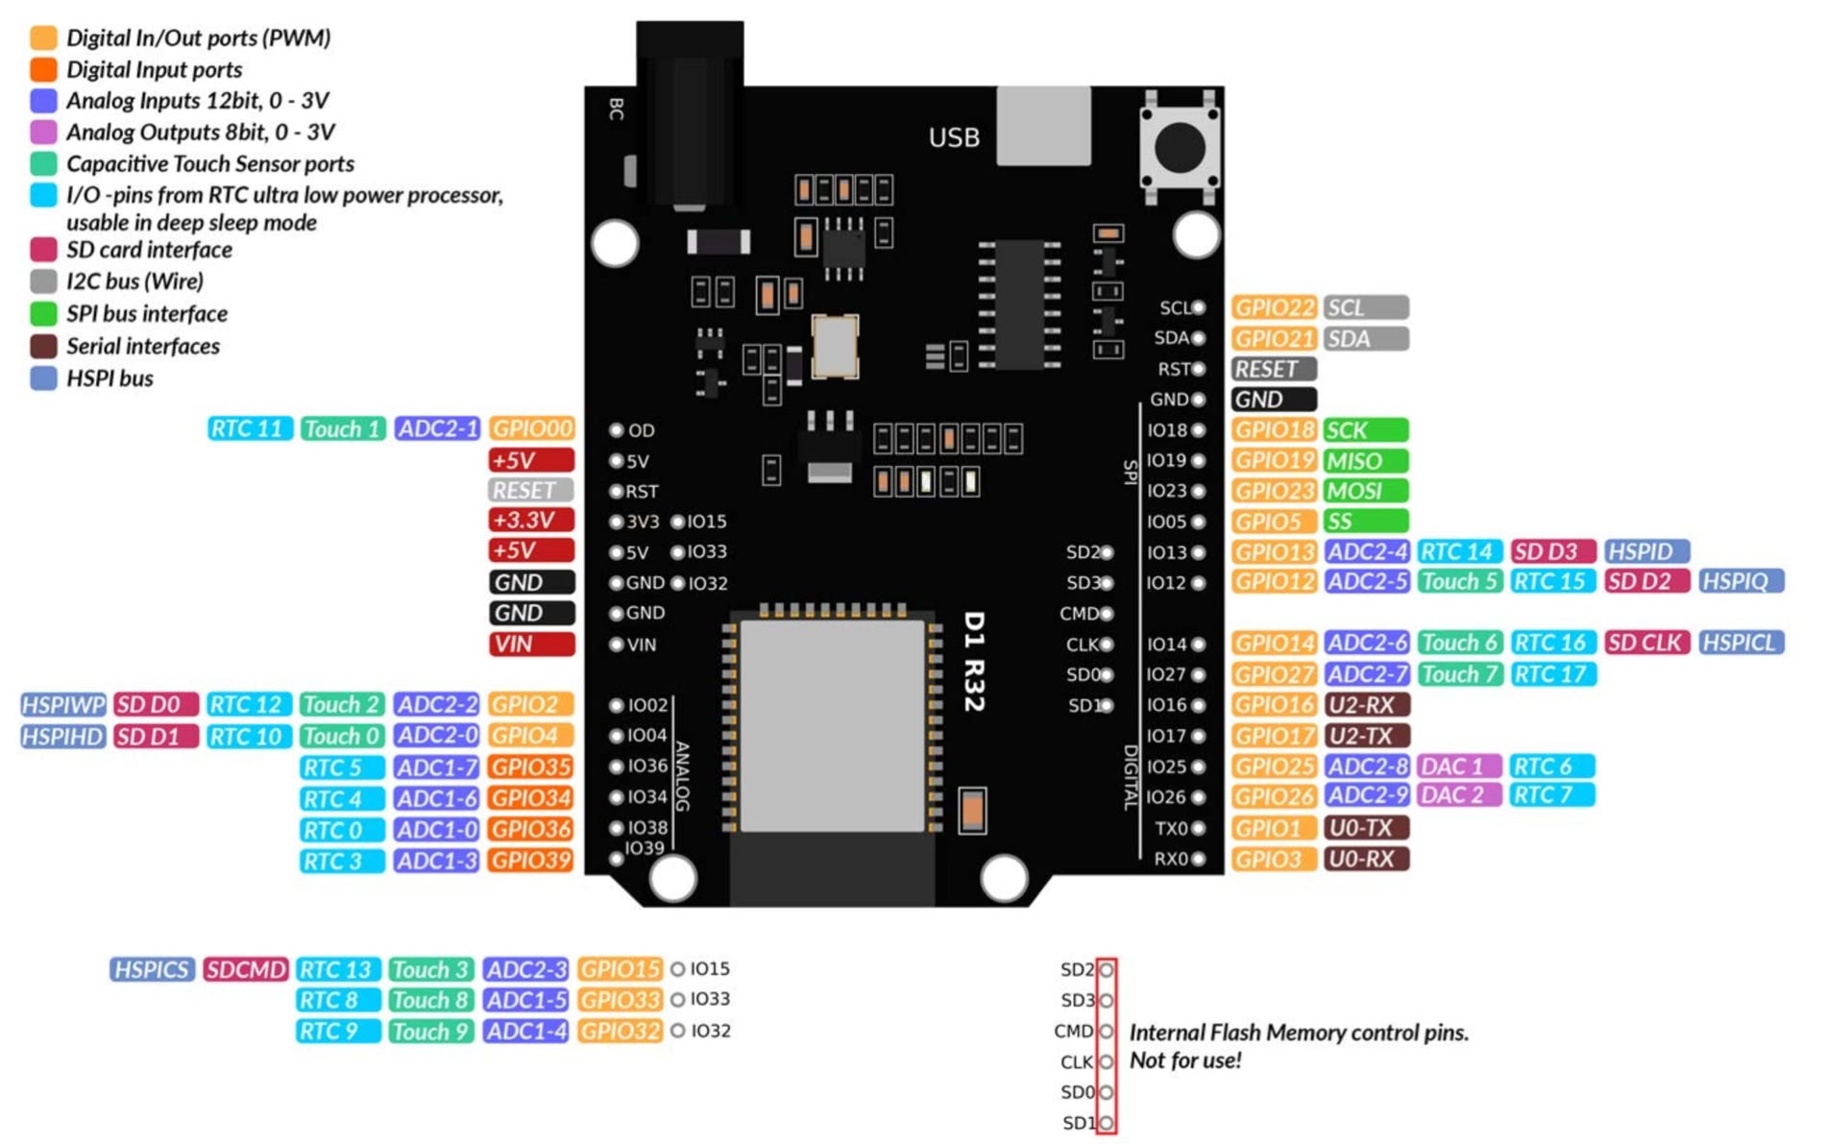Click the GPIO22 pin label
click(x=1274, y=307)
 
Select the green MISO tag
click(x=1364, y=461)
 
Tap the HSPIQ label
click(x=1741, y=581)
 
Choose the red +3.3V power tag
click(x=530, y=521)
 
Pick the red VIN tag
click(x=530, y=645)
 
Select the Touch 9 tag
click(x=430, y=1032)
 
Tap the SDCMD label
click(x=246, y=970)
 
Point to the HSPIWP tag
click(x=62, y=705)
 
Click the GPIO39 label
click(x=530, y=861)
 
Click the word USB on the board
click(x=954, y=138)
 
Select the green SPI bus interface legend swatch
click(x=43, y=314)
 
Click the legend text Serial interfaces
click(x=143, y=347)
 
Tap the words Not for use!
click(x=1185, y=1060)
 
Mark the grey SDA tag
click(x=1364, y=339)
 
